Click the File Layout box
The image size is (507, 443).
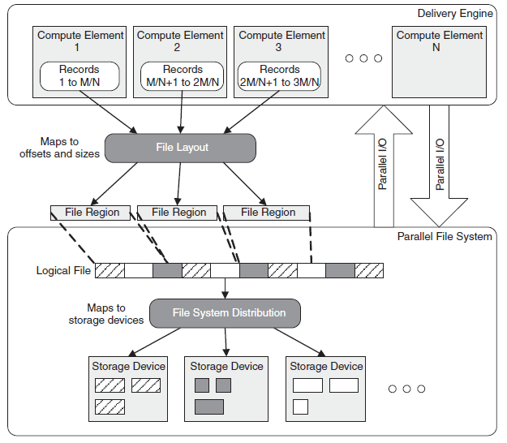tap(182, 147)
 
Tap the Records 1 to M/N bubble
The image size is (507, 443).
tap(79, 75)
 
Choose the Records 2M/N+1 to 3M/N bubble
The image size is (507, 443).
tap(280, 75)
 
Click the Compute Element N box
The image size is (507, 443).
tap(440, 61)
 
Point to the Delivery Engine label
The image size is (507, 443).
tap(454, 13)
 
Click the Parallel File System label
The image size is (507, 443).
tap(445, 237)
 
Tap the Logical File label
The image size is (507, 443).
tap(63, 270)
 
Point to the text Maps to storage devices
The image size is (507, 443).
tap(106, 314)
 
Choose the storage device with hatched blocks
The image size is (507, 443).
tap(127, 388)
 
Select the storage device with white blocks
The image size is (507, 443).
tap(326, 388)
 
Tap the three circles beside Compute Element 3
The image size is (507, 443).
tap(363, 58)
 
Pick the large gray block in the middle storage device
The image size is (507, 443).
tap(208, 406)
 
